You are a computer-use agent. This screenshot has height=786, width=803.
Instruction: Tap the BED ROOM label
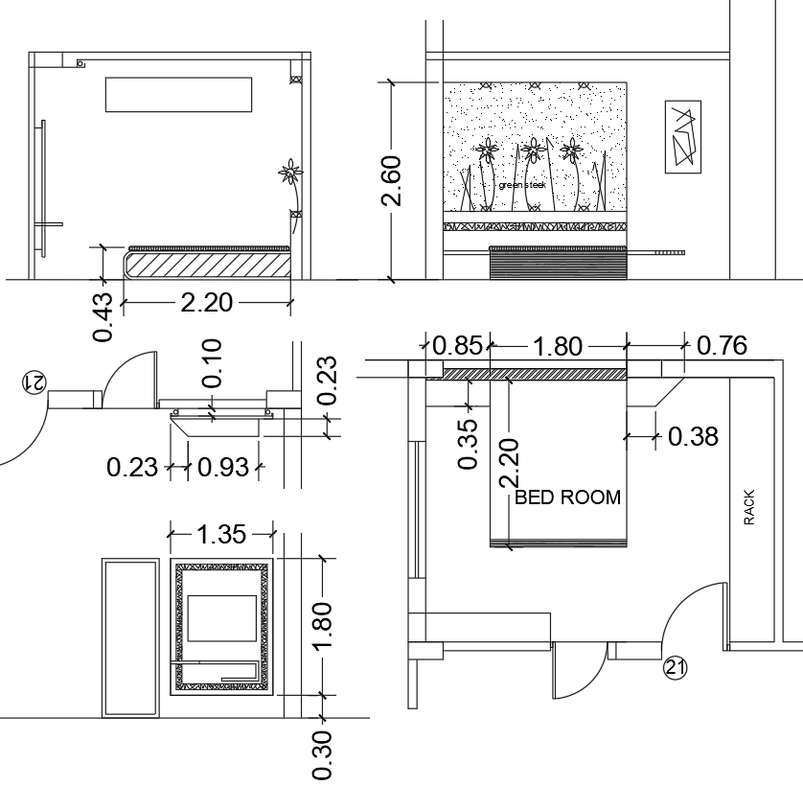tap(567, 497)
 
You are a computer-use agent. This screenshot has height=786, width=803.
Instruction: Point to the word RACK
tap(749, 508)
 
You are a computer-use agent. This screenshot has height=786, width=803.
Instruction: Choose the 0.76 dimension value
tap(722, 345)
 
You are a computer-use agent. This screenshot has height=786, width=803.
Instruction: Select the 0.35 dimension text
tap(468, 444)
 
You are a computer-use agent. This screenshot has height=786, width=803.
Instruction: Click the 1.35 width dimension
tap(221, 533)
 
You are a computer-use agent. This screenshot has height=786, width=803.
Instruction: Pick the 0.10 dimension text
tap(212, 363)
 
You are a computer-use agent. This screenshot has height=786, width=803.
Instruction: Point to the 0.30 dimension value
tap(323, 756)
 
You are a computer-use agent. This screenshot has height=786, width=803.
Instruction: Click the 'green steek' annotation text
tap(521, 185)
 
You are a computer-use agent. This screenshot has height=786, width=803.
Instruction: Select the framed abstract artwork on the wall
tap(682, 136)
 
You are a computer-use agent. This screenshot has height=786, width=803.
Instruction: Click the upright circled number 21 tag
tap(675, 667)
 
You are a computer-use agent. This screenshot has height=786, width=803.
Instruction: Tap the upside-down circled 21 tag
tap(33, 381)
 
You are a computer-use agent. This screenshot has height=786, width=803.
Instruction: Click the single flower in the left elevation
tap(290, 173)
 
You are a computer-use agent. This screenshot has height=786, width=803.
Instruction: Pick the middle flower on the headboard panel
tap(532, 150)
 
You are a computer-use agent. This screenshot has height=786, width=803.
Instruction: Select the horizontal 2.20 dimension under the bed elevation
tap(206, 303)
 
